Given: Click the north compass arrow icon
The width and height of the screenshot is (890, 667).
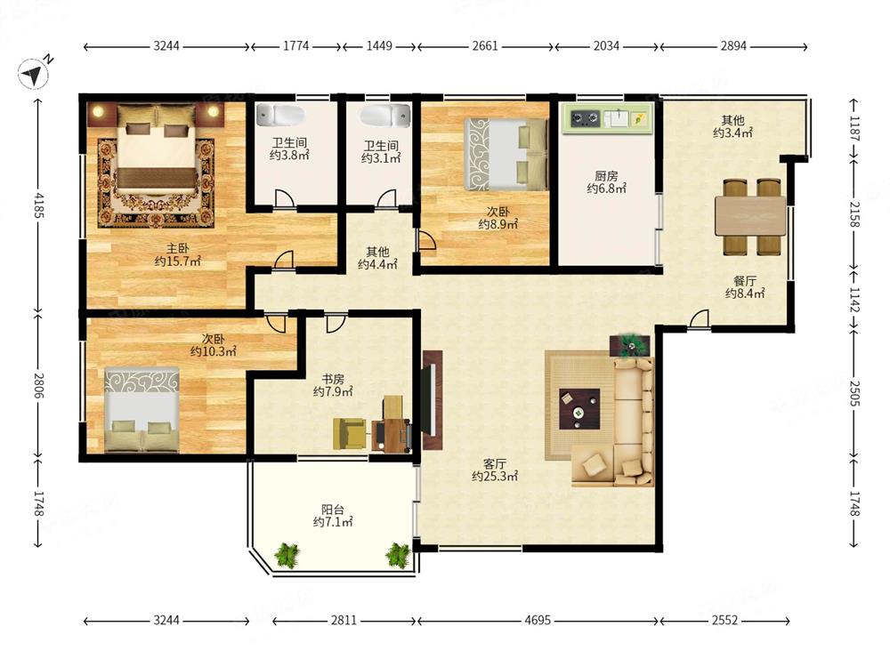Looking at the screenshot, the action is point(33,73).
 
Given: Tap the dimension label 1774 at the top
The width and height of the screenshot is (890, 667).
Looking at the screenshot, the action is point(295,46).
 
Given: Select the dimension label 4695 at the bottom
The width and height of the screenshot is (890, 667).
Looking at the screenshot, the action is point(537,621).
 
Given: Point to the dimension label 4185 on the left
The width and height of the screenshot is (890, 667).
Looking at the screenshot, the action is point(38,205).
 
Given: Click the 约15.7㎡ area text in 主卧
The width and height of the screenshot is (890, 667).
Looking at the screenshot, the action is point(178,261).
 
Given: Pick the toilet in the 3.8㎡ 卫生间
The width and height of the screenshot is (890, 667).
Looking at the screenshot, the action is point(279,115).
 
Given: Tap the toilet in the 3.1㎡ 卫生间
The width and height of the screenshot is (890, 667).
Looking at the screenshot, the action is point(384,115).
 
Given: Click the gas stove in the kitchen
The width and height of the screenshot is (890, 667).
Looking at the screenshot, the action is point(586,118).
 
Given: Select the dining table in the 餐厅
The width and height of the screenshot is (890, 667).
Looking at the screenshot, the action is point(750,216).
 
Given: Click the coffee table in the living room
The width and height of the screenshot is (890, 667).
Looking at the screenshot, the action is point(579,409).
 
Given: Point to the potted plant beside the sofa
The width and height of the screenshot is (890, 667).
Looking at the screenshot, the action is point(629,345).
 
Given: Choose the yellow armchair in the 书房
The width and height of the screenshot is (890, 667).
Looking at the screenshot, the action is point(350,433).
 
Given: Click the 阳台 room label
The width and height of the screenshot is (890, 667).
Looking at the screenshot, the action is point(333,510).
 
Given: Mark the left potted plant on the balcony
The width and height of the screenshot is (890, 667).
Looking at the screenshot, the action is point(287,555).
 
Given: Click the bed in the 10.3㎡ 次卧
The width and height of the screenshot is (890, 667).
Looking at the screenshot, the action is point(142,409).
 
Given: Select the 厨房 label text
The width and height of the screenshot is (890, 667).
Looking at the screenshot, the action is point(606,176).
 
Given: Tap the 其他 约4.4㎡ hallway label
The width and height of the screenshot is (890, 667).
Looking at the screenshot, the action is point(377,258).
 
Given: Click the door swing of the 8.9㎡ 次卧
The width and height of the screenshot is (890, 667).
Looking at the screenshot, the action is point(427,240).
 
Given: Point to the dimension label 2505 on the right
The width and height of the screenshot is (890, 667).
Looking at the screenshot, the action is point(854,392).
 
